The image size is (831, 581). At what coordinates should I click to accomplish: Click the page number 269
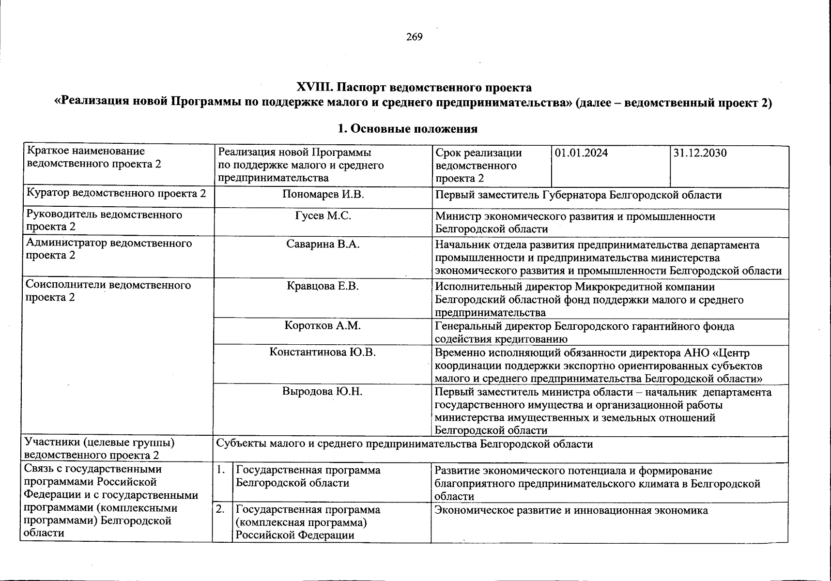point(415,37)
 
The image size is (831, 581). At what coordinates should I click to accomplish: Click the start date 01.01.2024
point(581,153)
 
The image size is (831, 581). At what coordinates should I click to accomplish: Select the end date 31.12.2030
point(700,153)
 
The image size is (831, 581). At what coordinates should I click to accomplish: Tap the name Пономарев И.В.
point(323,195)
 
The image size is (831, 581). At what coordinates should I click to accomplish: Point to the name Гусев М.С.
point(323,216)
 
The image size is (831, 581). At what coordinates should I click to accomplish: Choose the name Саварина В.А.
point(323,244)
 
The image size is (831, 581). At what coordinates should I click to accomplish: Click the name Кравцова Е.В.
point(323,286)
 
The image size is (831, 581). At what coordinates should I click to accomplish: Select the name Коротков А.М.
point(323,326)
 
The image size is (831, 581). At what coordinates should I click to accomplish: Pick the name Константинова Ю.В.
point(323,352)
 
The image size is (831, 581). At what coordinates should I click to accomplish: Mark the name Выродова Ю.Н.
point(323,391)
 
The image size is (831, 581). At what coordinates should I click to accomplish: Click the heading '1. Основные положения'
point(407,129)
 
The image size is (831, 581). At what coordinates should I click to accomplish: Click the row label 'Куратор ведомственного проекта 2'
point(116,194)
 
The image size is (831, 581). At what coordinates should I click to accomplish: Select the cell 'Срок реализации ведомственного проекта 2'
point(478,166)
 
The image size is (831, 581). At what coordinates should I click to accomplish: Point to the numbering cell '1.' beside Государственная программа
point(221,470)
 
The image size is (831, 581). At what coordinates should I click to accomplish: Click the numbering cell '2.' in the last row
point(221,510)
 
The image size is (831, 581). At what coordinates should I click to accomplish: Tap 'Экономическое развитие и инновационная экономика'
point(571,510)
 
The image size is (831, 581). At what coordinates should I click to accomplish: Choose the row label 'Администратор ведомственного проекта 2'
point(109,249)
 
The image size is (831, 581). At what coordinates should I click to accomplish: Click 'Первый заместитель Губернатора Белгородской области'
point(578,195)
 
